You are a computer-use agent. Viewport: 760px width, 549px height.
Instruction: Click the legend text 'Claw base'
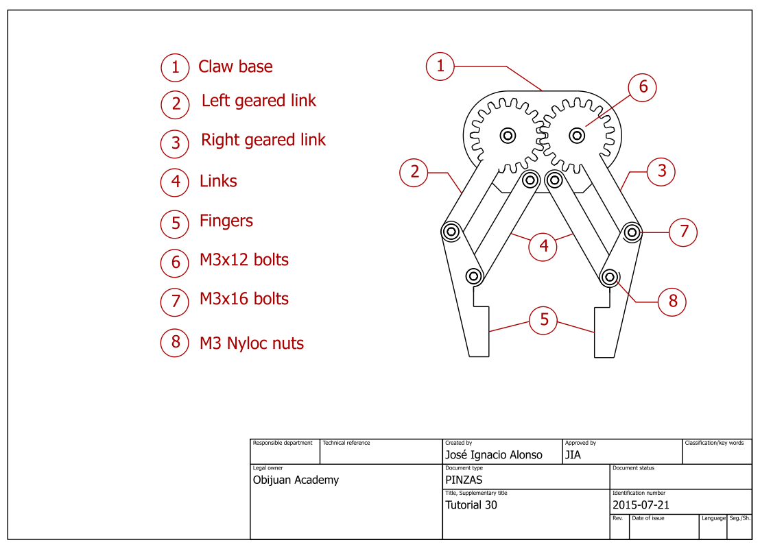[235, 67]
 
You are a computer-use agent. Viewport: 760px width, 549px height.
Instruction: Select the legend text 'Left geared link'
[259, 101]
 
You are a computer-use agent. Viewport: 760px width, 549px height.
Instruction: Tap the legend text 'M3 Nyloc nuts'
[251, 343]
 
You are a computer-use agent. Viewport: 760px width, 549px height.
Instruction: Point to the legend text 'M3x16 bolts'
[244, 299]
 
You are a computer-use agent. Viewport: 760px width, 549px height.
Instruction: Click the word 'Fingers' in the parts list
[226, 221]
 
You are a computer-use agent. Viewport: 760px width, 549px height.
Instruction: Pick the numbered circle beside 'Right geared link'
[175, 143]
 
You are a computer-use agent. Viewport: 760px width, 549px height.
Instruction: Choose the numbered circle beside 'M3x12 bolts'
[175, 263]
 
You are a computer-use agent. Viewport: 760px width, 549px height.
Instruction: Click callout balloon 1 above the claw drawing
[440, 66]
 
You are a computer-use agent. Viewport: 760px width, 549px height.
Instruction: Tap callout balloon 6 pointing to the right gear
[643, 87]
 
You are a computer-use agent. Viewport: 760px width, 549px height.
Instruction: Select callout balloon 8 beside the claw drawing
[672, 301]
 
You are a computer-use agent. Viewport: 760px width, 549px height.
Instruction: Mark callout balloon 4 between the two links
[543, 246]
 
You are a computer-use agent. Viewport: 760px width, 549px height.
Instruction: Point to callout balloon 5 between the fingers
[544, 320]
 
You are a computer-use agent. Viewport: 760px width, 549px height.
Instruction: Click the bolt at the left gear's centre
[508, 135]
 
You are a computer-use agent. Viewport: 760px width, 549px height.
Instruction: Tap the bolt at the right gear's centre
[577, 135]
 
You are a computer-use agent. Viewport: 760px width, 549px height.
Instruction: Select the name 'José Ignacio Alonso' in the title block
[493, 455]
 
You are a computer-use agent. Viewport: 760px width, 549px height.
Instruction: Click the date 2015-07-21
[641, 505]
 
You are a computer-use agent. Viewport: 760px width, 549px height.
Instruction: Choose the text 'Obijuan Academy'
[296, 480]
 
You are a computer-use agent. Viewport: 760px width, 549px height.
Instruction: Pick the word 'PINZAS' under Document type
[464, 480]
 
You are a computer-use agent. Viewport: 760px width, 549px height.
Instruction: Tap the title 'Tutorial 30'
[471, 505]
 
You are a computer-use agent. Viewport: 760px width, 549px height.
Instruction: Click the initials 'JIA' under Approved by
[573, 455]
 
